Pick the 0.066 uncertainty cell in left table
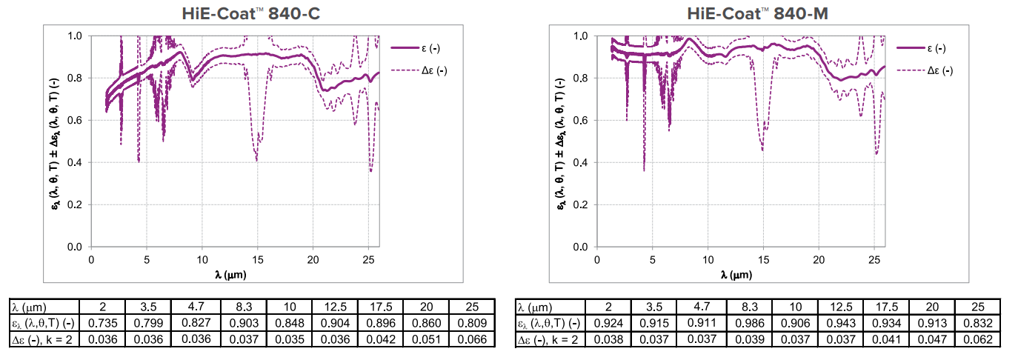tap(473, 339)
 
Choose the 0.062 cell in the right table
tap(976, 339)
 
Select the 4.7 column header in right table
tap(705, 307)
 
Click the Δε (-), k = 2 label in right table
tap(549, 339)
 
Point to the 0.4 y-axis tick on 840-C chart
tap(76, 162)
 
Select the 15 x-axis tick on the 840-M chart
tap(763, 261)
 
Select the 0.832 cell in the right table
tap(976, 323)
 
